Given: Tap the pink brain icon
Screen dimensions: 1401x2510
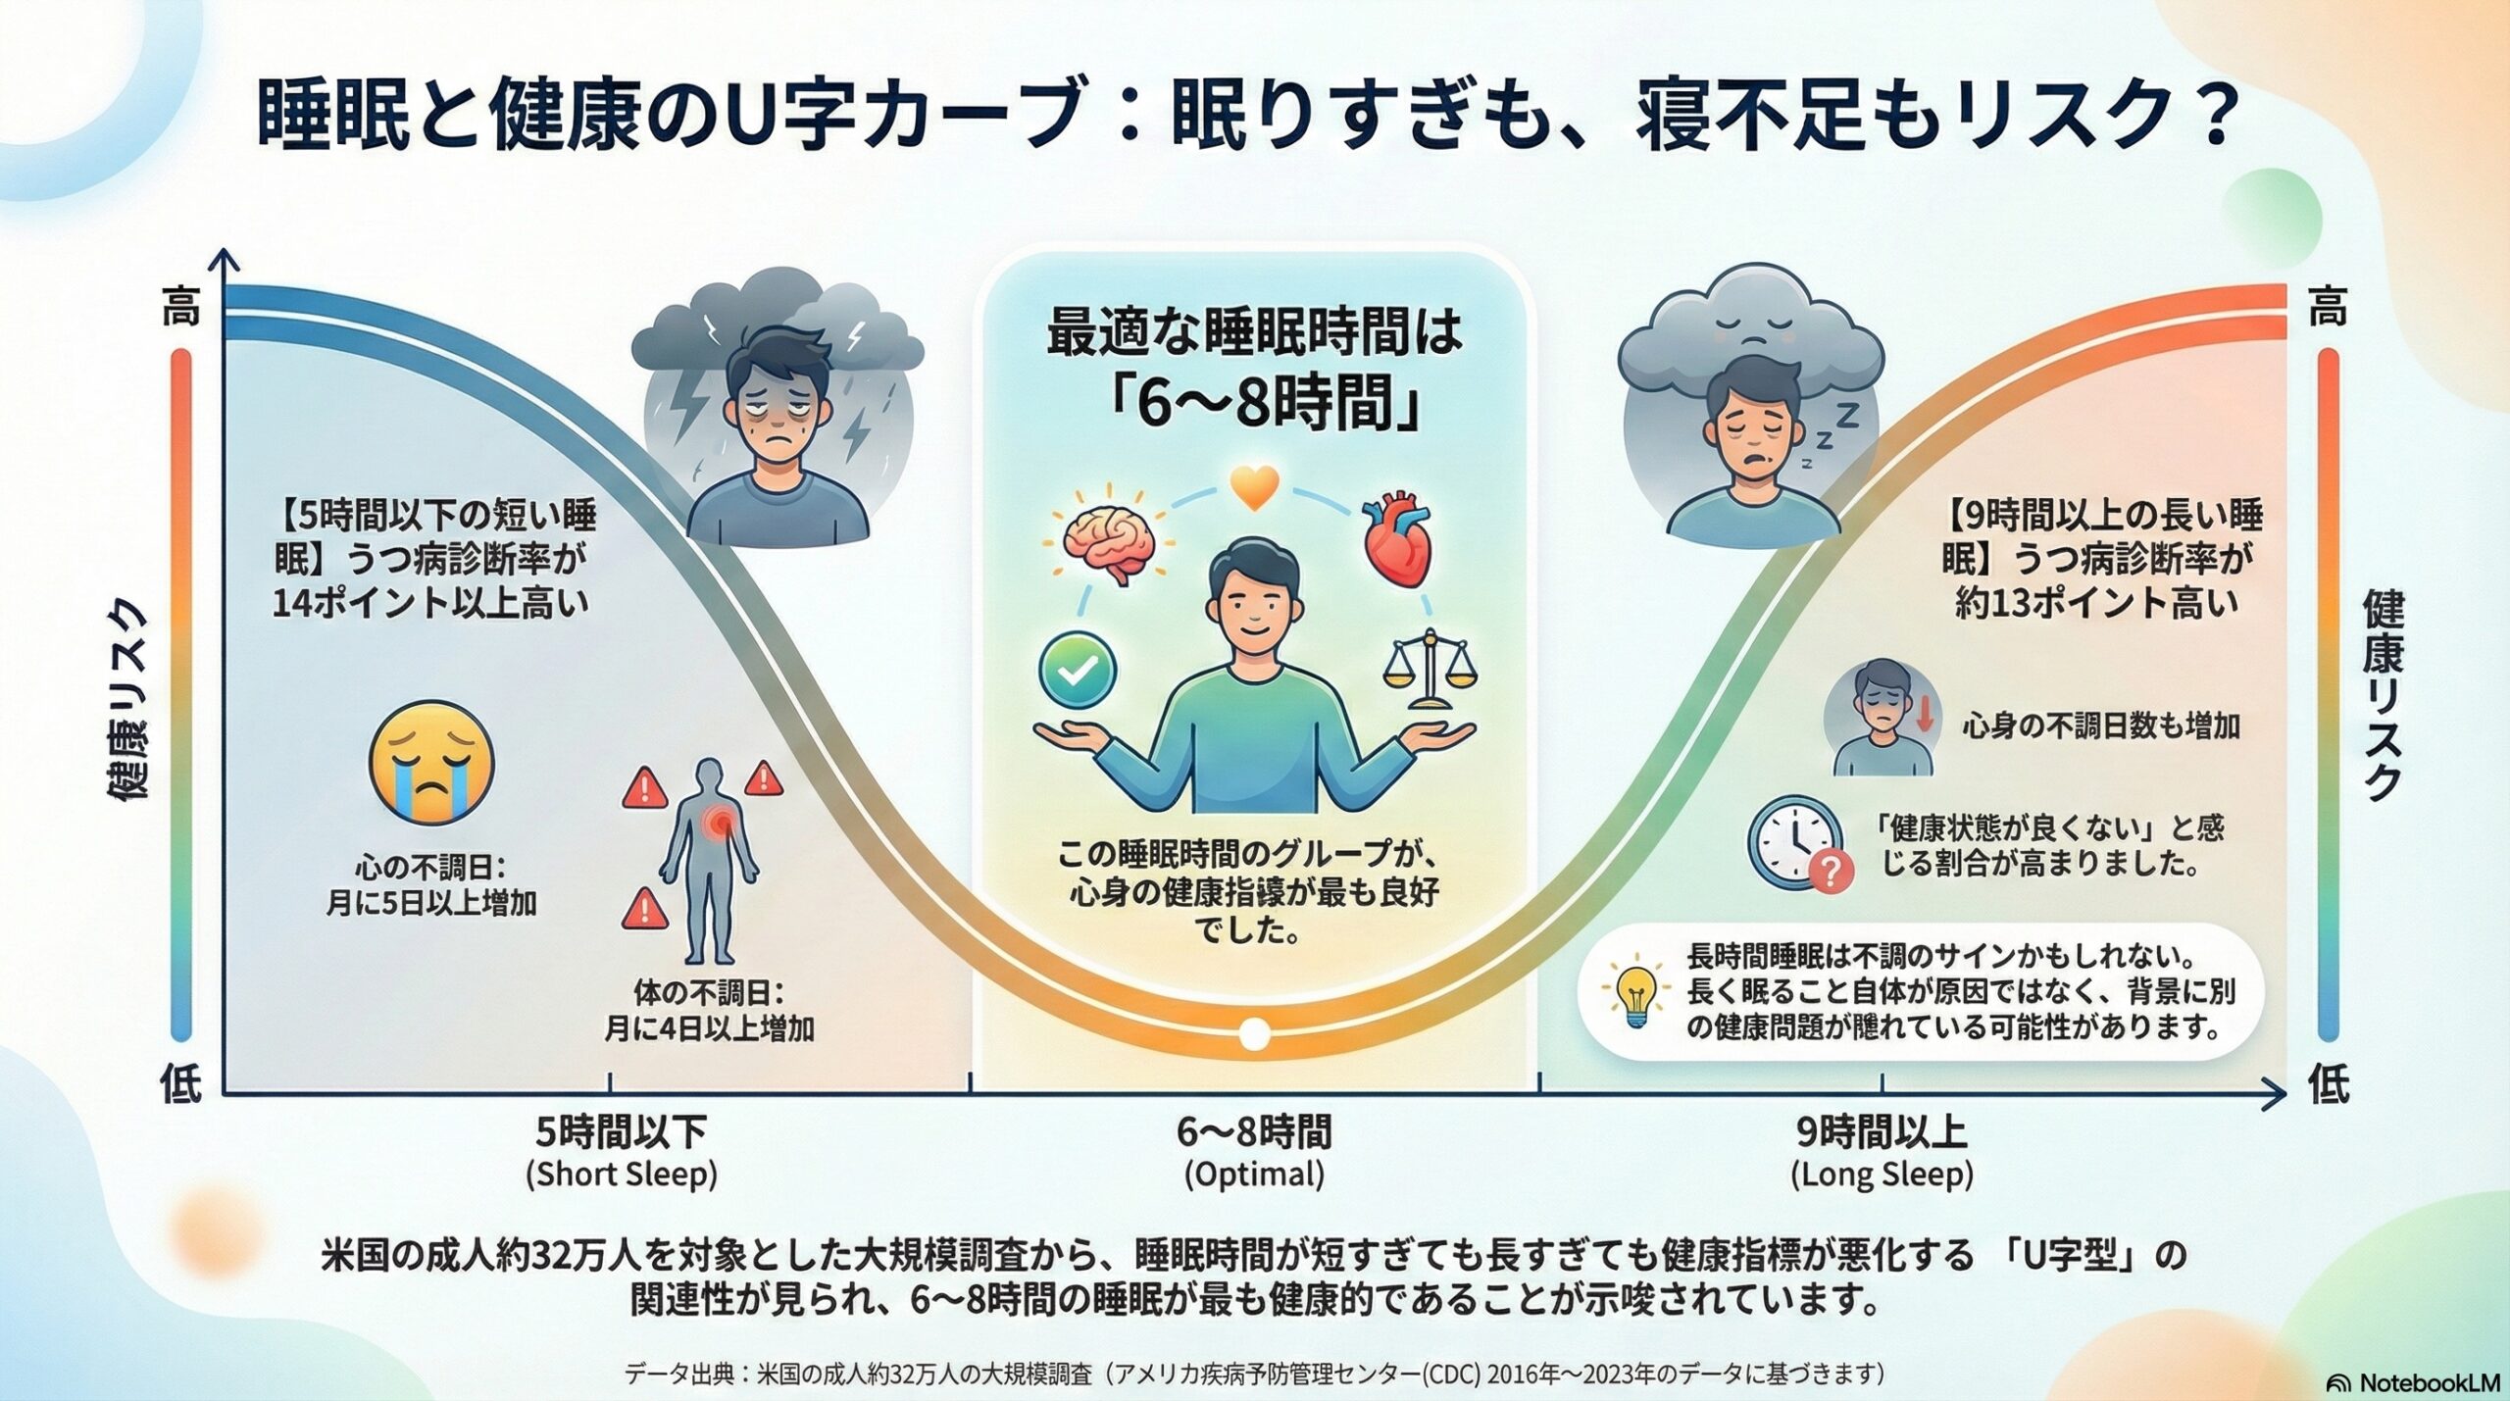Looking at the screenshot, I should click(x=1107, y=544).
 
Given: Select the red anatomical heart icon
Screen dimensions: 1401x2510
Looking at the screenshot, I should click(x=1398, y=544).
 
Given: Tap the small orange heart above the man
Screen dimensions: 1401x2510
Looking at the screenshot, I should click(x=1254, y=487).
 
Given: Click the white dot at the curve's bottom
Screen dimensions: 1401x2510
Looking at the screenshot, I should click(x=1254, y=1033).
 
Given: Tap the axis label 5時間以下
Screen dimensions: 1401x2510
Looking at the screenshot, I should click(x=621, y=1133).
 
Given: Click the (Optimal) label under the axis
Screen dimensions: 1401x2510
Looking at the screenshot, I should click(x=1254, y=1175).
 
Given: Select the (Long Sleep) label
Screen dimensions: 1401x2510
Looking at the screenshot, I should click(x=1882, y=1175).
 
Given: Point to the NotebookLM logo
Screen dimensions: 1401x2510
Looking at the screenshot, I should click(x=2411, y=1382).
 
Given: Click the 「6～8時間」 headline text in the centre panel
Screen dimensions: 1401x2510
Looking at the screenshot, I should click(x=1265, y=402).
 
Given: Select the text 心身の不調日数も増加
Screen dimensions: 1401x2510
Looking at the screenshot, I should click(x=2100, y=726).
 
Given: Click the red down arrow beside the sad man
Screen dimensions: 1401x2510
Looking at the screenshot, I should click(x=1924, y=713).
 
